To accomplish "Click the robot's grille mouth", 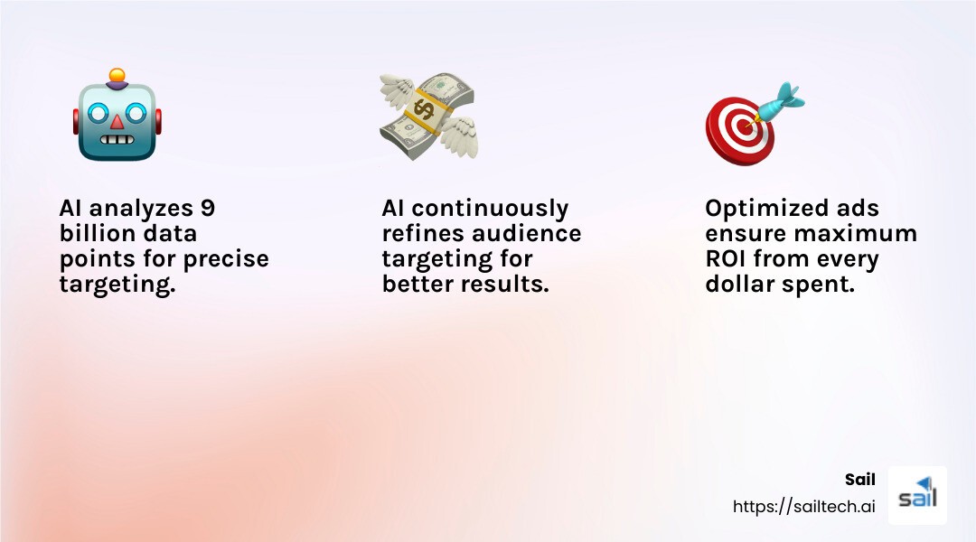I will tap(117, 140).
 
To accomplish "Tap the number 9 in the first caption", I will tap(207, 209).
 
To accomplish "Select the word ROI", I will tap(726, 259).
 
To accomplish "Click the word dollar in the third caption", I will tap(737, 285).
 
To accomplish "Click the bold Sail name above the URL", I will tap(859, 480).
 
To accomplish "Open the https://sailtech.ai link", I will tap(803, 507).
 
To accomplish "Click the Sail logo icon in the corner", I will tap(917, 495).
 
